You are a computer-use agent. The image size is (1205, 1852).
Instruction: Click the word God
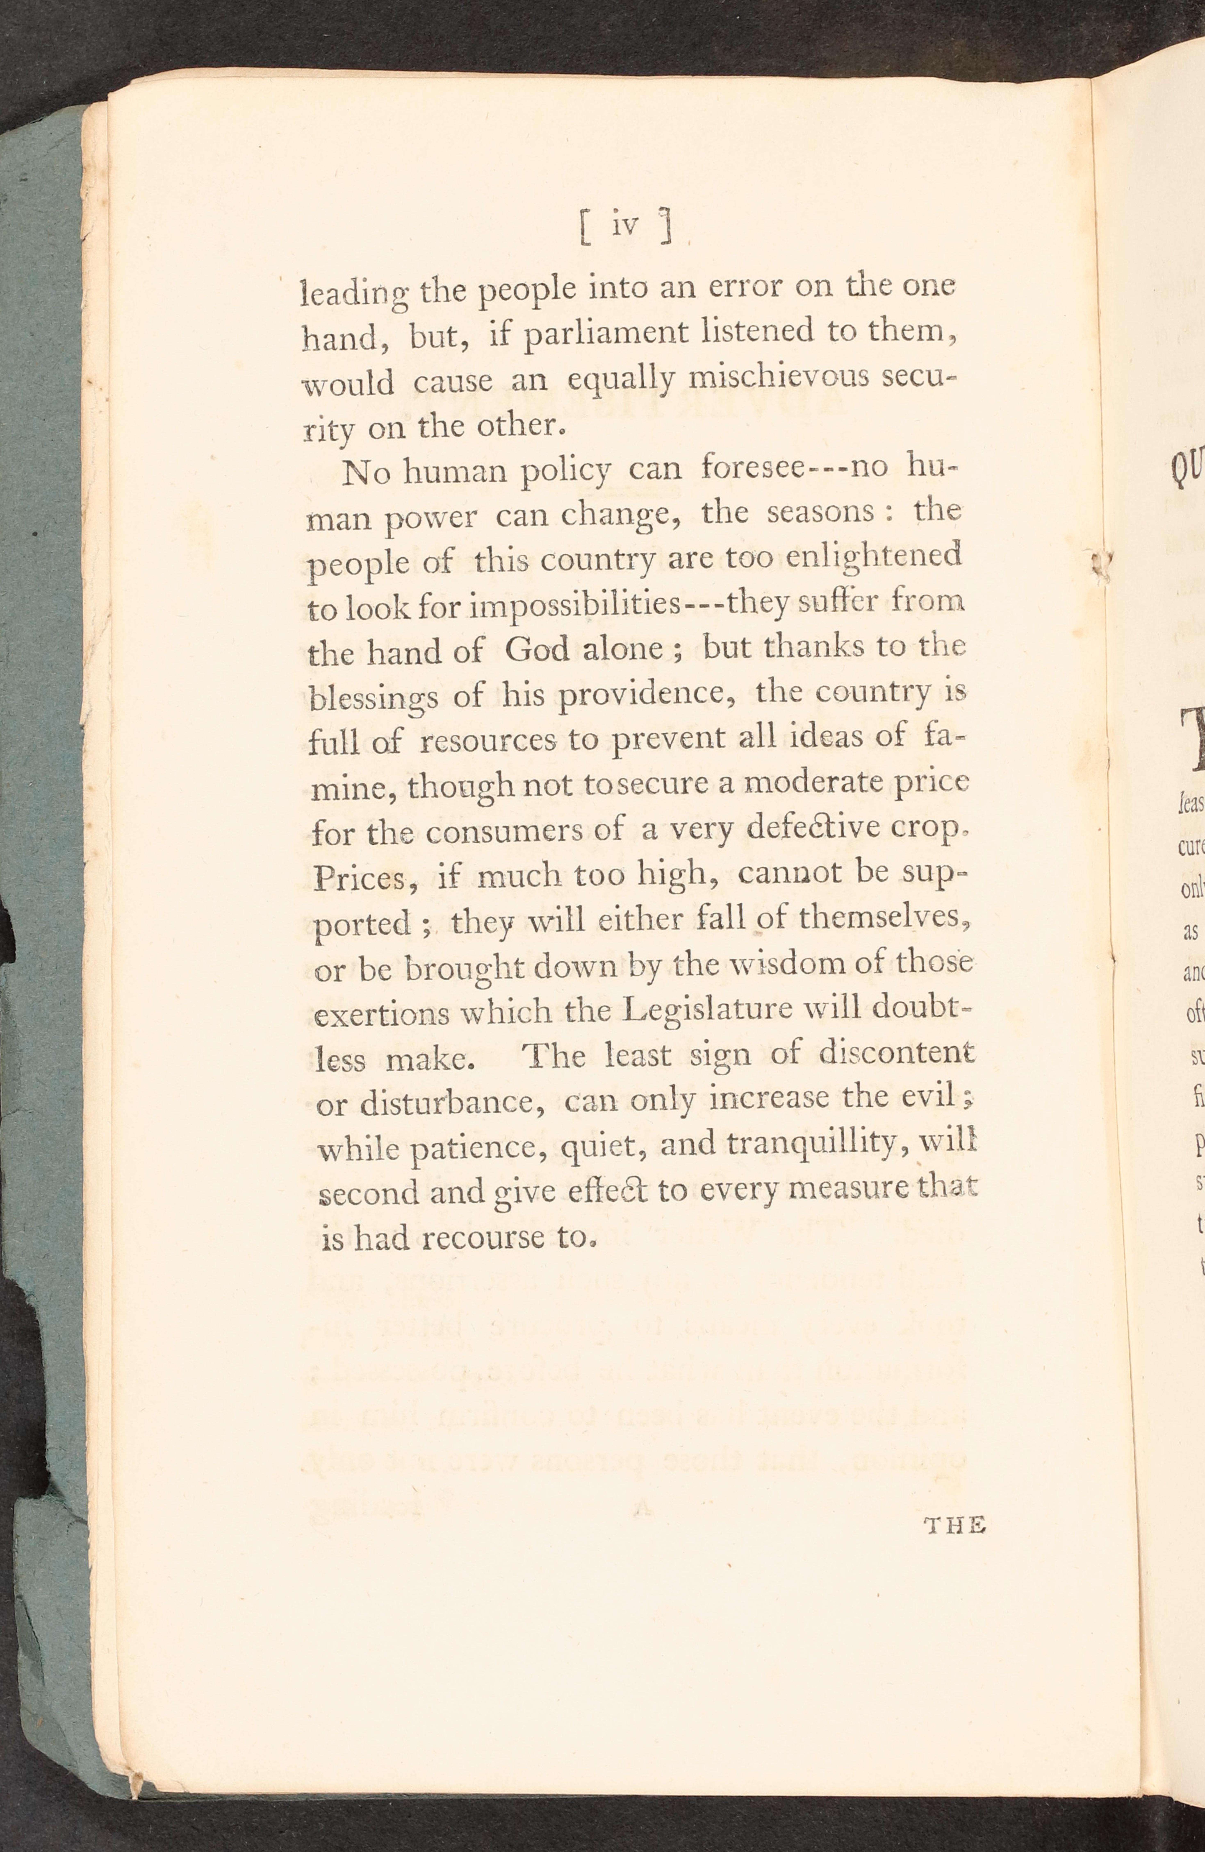coord(537,649)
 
